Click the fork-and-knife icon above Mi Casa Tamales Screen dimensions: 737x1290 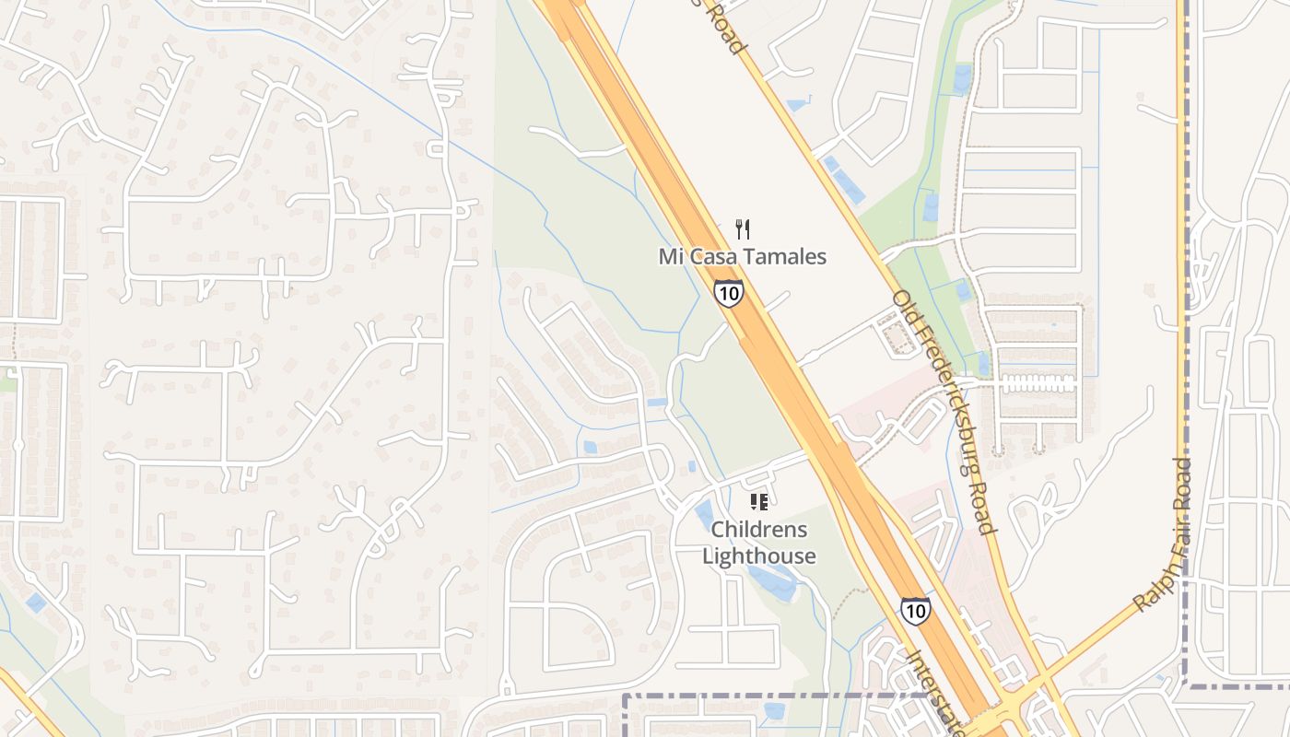(743, 229)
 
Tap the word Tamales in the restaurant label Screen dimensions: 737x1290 (785, 256)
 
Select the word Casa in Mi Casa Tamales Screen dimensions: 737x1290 (710, 256)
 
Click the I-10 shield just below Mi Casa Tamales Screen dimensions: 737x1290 (728, 293)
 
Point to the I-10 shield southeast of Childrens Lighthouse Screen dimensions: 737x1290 (915, 611)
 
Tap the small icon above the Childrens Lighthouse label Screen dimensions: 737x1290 (759, 502)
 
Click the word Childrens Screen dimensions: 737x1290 (759, 530)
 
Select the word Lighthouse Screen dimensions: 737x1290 (759, 556)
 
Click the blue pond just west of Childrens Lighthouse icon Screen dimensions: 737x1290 (705, 515)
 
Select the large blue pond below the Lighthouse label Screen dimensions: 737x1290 (772, 582)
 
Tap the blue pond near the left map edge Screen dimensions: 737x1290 (35, 603)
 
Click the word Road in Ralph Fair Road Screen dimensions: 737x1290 (1183, 482)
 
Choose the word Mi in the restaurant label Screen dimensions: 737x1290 (670, 256)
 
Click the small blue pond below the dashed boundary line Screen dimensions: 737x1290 (774, 711)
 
